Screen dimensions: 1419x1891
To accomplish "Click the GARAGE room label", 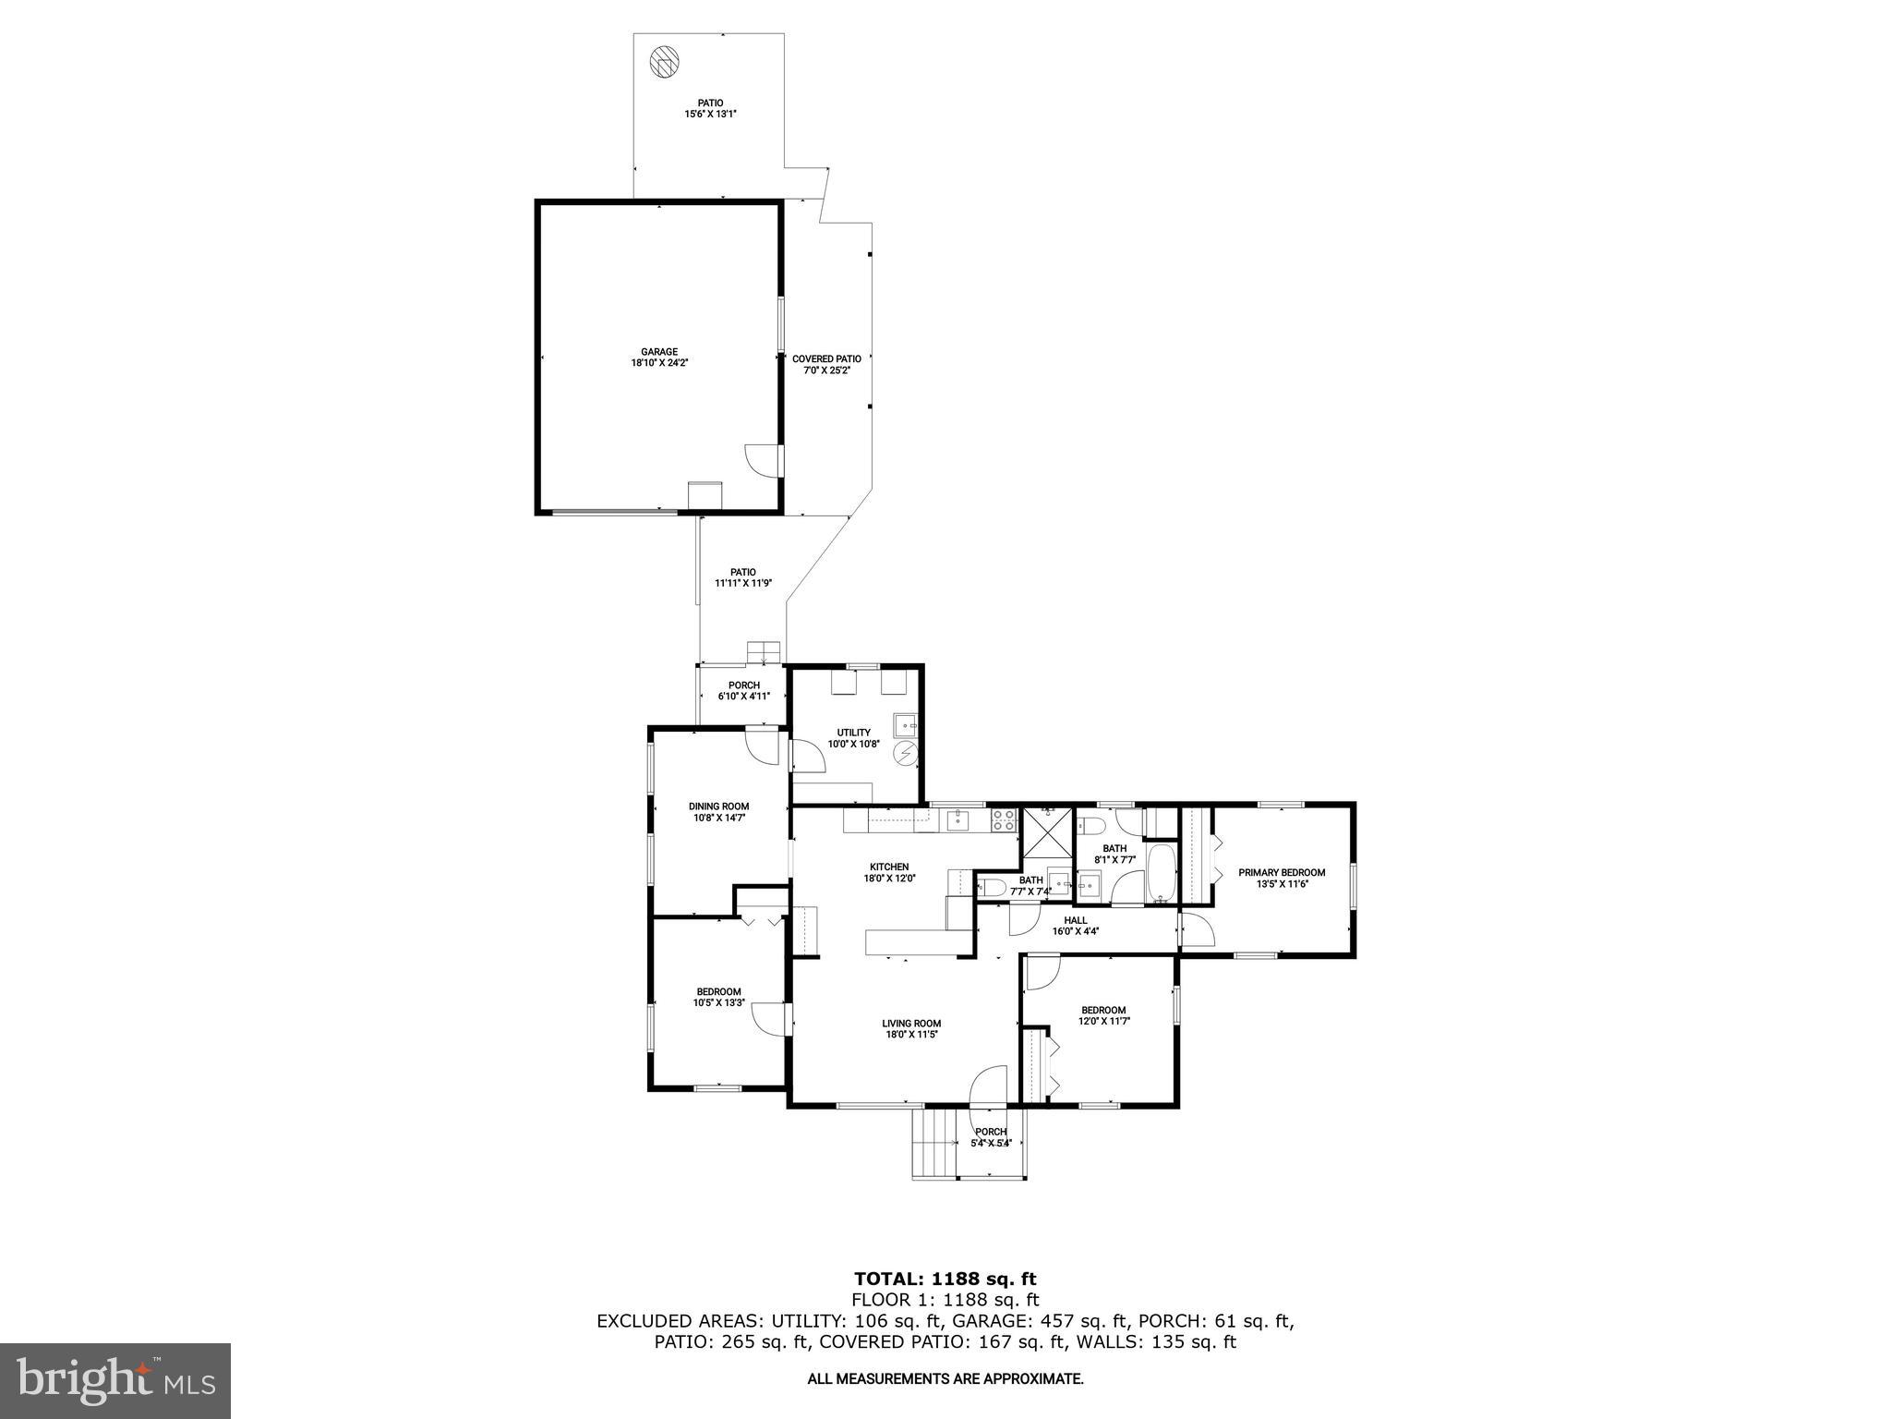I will click(659, 351).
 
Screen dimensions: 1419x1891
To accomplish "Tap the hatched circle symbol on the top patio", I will click(664, 62).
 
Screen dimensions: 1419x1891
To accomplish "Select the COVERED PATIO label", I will click(826, 358).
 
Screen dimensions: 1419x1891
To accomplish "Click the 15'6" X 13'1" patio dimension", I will click(710, 115).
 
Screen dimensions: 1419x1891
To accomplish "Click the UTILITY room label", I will click(853, 733).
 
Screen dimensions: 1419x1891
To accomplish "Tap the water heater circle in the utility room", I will click(905, 755).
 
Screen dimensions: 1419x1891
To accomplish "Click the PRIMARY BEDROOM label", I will click(1282, 872).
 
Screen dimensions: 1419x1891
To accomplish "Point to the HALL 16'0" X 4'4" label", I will click(1076, 926).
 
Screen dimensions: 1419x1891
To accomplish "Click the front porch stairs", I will click(934, 1143).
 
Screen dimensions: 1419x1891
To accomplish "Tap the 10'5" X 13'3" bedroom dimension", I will click(718, 1002).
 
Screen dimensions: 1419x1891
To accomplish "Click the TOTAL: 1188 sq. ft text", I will click(945, 1279).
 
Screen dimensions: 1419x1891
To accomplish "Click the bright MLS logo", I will click(115, 1380).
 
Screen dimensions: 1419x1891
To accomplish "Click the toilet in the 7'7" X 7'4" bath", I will click(993, 888).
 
